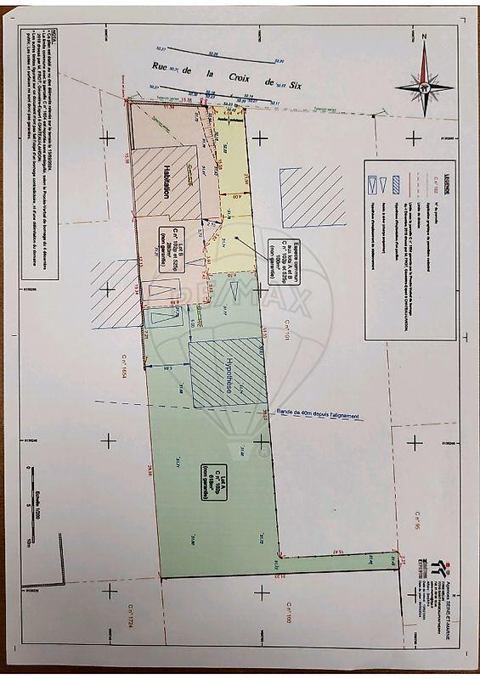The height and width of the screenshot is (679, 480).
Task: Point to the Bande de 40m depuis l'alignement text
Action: (x=319, y=415)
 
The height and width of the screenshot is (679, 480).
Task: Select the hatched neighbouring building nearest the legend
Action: (x=311, y=195)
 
